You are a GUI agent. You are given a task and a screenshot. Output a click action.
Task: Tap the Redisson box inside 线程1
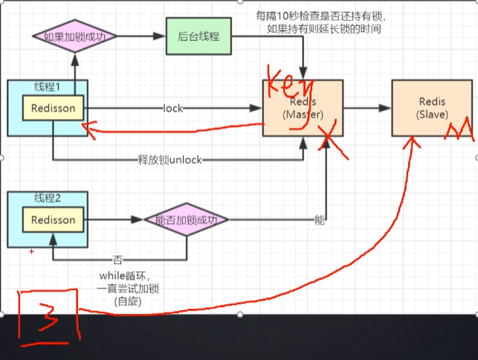click(x=53, y=109)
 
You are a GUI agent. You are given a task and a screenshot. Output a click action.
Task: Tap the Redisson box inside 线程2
click(x=53, y=220)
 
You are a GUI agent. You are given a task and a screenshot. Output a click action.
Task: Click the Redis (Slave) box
click(x=432, y=108)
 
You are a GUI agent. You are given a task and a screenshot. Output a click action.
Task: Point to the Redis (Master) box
click(x=302, y=108)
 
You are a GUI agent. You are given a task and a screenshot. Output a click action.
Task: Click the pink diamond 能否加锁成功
click(x=185, y=219)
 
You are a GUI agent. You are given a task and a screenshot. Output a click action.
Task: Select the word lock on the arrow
click(x=173, y=109)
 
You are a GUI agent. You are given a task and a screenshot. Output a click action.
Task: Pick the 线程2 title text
click(x=46, y=198)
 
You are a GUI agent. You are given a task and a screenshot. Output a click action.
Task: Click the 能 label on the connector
click(x=320, y=219)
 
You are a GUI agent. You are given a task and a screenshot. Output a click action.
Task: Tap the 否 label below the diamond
click(x=117, y=260)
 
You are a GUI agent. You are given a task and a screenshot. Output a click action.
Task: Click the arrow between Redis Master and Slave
click(x=367, y=109)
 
